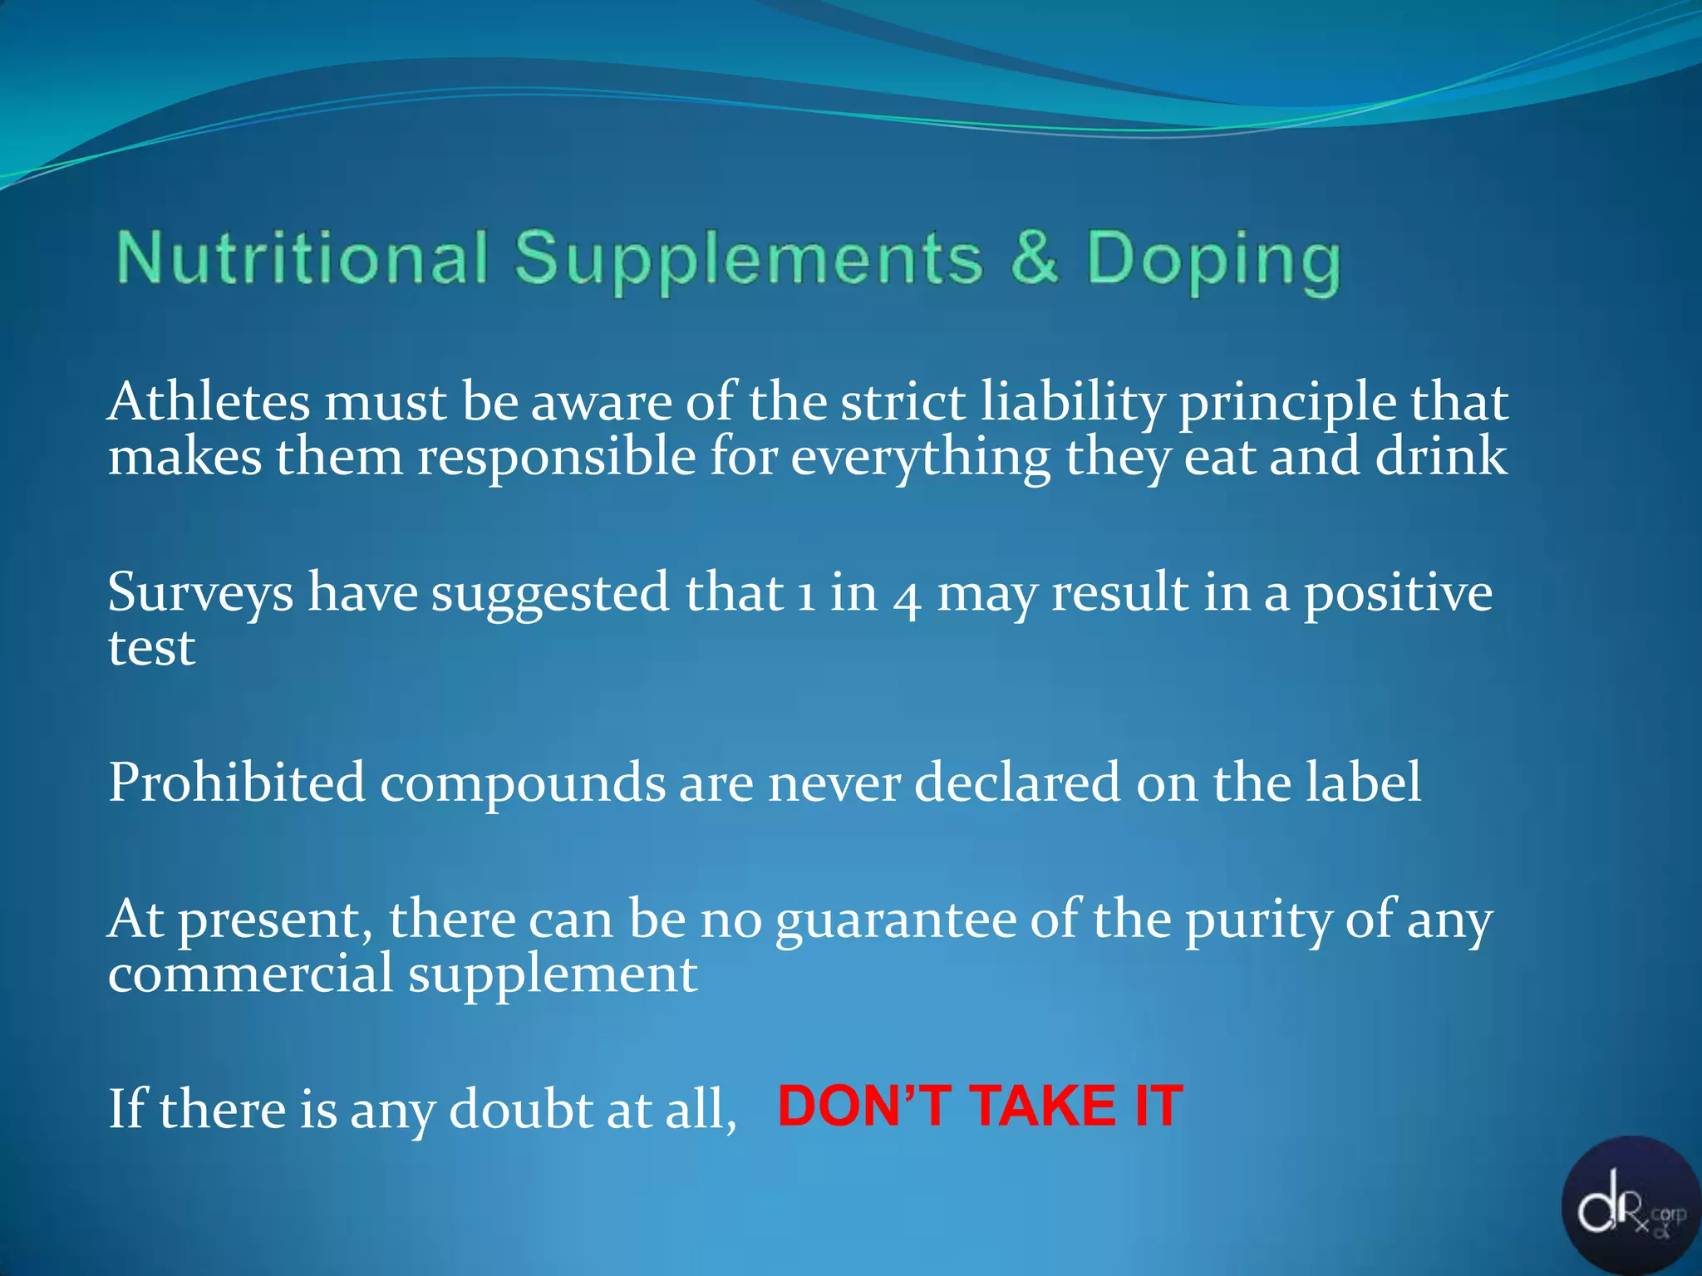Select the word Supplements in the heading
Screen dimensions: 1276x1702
click(749, 259)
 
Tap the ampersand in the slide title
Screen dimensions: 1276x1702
click(1035, 258)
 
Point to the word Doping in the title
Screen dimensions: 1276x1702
click(1213, 261)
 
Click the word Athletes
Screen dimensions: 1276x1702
click(209, 402)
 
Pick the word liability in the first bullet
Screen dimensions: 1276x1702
click(1072, 404)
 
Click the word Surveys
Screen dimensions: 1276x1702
click(200, 593)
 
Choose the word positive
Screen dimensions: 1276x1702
click(1398, 595)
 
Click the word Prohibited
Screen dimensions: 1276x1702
click(237, 783)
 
